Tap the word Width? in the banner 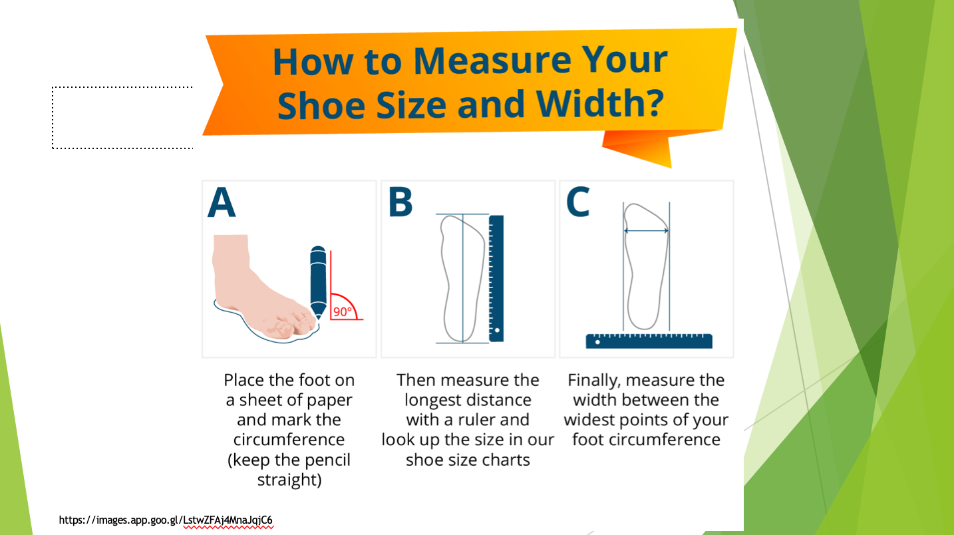tap(600, 104)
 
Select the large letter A tap(222, 202)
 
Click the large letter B tap(400, 202)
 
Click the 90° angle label tap(343, 312)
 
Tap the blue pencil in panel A tap(318, 282)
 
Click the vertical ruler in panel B tap(496, 279)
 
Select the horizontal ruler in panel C tap(649, 341)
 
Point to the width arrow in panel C tap(646, 231)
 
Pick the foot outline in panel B tap(464, 279)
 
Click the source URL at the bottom tap(166, 520)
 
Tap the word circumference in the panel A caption tap(289, 439)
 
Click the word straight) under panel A tap(289, 480)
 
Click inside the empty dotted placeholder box tap(122, 118)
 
